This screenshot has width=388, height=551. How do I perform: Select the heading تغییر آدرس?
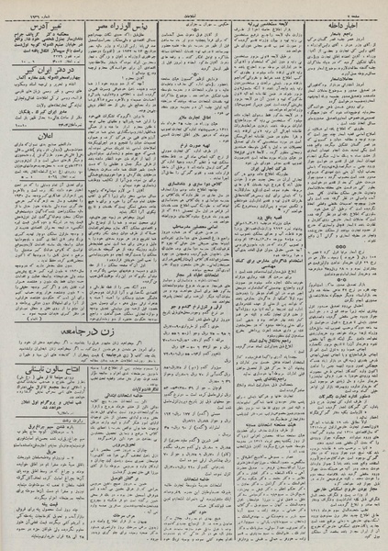pyautogui.click(x=50, y=21)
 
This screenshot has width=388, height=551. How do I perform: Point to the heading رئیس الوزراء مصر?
pyautogui.click(x=121, y=21)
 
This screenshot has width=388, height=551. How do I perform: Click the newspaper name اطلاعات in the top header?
pyautogui.click(x=194, y=6)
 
